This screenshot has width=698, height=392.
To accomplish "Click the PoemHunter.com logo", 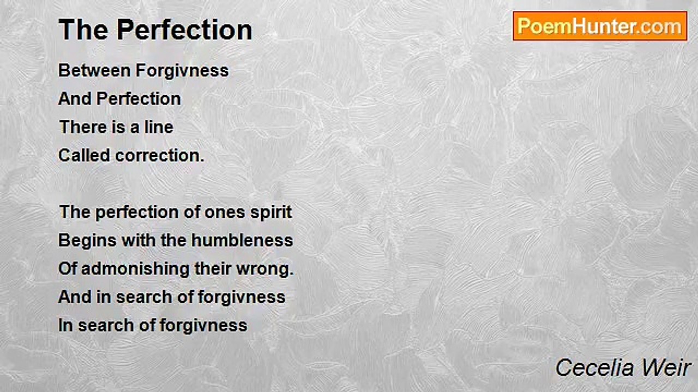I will [600, 26].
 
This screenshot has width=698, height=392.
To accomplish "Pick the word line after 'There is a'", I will [159, 127].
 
